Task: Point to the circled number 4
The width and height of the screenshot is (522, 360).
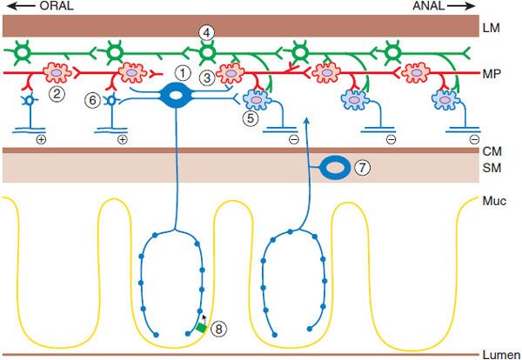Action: [205, 33]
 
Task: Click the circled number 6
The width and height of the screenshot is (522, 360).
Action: [92, 102]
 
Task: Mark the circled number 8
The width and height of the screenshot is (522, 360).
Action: [220, 328]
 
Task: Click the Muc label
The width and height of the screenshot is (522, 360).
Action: [492, 201]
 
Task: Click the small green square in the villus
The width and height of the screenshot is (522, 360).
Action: [201, 328]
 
